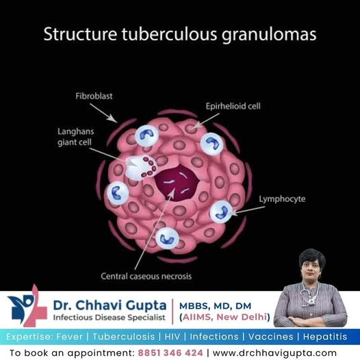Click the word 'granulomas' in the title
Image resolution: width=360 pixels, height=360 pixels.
point(269,35)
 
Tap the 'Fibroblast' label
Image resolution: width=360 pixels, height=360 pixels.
point(94,96)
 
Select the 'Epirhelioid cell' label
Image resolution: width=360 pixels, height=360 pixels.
point(233,106)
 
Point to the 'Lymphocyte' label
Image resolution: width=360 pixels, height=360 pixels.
point(282,199)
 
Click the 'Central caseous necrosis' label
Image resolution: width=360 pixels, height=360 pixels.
point(146,276)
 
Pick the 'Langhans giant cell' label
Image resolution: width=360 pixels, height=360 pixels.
point(75,137)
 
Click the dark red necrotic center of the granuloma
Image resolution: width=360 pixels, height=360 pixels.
point(177,183)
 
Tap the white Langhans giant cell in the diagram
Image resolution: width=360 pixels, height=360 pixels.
point(140,168)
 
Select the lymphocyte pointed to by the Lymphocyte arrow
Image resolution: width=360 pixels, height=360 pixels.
point(221,211)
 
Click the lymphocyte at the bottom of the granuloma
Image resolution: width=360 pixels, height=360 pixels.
point(167,238)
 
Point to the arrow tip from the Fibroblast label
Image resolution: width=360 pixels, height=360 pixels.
point(116,122)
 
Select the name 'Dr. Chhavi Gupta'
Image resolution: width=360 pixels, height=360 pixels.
point(110,305)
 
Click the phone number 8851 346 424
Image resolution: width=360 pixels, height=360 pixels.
point(170,352)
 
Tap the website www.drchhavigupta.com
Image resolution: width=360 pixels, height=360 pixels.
point(274,352)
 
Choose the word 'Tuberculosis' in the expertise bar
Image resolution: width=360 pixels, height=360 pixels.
point(124,337)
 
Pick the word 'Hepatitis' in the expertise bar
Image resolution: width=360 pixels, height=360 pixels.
point(325,337)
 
